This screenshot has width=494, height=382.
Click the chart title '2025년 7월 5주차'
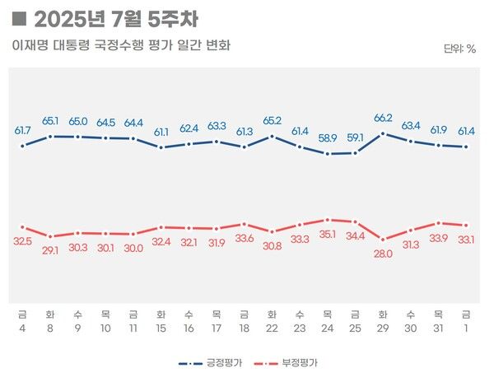pyautogui.click(x=115, y=19)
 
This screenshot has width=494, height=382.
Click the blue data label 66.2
pyautogui.click(x=383, y=119)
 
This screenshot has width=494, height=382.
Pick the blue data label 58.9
pyautogui.click(x=328, y=138)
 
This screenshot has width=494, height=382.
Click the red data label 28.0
pyautogui.click(x=383, y=254)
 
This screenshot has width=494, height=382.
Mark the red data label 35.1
pyautogui.click(x=328, y=234)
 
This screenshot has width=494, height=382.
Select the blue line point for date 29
pyautogui.click(x=383, y=133)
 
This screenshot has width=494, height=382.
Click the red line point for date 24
pyautogui.click(x=328, y=220)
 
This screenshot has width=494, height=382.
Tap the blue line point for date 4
pyautogui.click(x=22, y=146)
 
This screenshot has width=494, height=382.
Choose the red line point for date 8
pyautogui.click(x=50, y=236)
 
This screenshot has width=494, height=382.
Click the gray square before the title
pyautogui.click(x=21, y=18)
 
